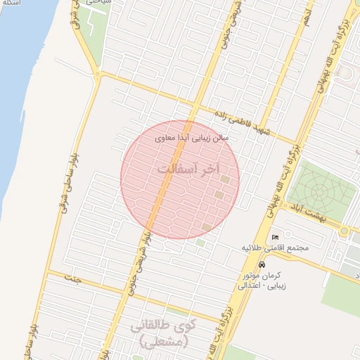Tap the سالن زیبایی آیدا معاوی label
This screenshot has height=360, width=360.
click(192, 138)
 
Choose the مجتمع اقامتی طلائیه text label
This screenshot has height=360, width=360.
click(276, 248)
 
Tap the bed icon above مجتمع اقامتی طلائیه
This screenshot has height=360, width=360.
click(274, 237)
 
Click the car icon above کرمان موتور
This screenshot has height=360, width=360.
click(262, 265)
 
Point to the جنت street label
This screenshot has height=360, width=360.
click(72, 279)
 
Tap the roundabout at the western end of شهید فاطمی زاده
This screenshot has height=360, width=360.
click(100, 75)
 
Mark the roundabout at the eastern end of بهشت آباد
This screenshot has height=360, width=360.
click(345, 230)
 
